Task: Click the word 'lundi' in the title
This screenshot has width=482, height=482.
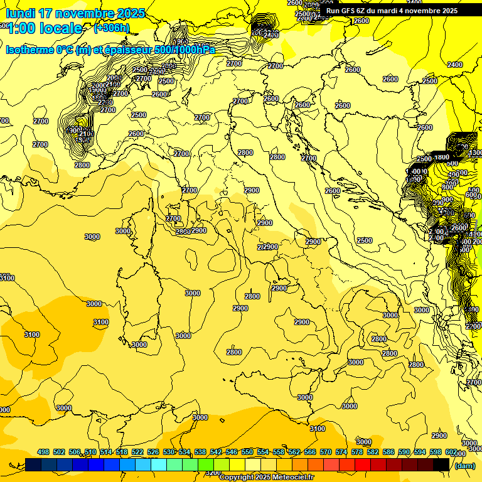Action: click(x=20, y=13)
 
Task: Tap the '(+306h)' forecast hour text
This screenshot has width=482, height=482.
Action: click(x=111, y=28)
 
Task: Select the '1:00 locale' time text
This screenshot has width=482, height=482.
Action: click(x=44, y=28)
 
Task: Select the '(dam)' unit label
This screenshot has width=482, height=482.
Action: click(x=464, y=465)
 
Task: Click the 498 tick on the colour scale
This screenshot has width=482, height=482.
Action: click(x=43, y=452)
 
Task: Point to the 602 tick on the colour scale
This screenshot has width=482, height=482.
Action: click(x=451, y=452)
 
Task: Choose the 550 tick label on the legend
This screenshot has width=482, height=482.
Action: click(x=247, y=452)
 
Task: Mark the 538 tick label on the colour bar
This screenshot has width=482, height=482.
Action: click(x=200, y=452)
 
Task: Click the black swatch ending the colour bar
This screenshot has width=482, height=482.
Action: click(x=441, y=464)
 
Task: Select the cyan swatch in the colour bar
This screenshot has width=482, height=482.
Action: click(x=159, y=464)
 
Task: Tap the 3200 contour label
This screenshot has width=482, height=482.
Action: click(x=213, y=473)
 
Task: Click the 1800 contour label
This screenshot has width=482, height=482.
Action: click(x=442, y=157)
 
